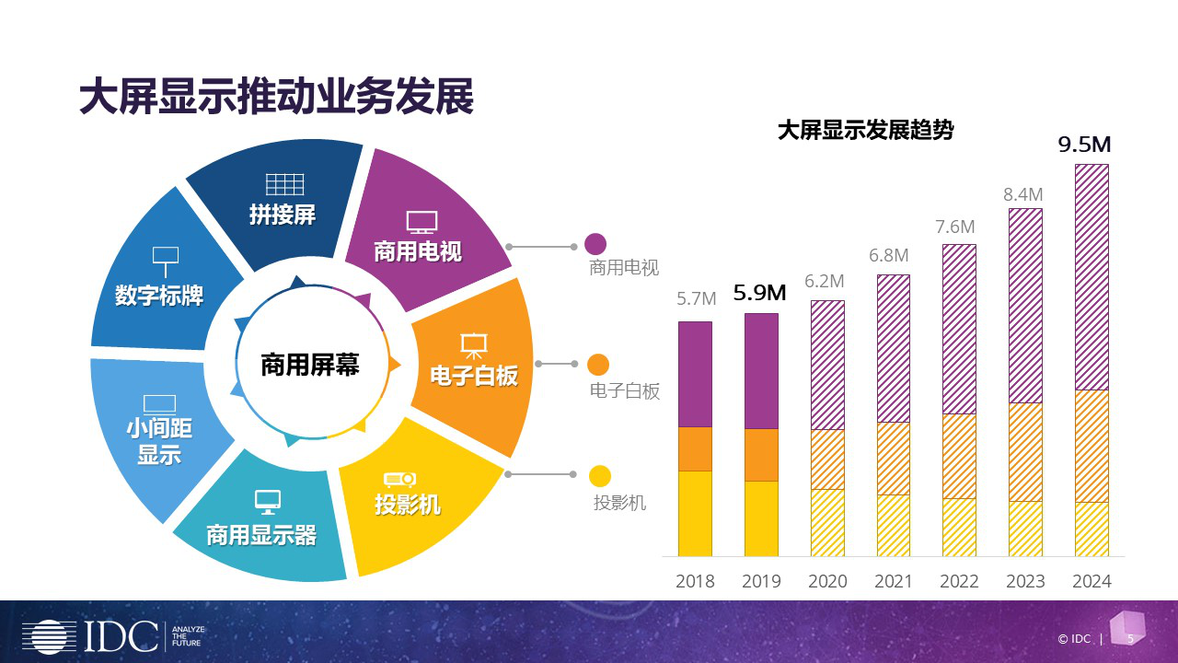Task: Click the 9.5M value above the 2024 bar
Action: point(1085,145)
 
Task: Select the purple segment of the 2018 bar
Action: point(695,374)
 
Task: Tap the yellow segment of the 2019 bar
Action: point(761,518)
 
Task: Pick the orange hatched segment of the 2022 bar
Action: point(959,456)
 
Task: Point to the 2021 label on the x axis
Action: point(893,581)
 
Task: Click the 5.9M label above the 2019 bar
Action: point(759,294)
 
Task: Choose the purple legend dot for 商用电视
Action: point(595,244)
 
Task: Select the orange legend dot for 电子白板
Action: point(598,364)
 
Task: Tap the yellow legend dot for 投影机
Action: point(600,475)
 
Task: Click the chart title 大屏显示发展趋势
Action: point(865,131)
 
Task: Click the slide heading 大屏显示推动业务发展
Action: point(276,97)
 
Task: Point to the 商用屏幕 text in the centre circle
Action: point(309,365)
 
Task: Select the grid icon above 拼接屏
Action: point(284,184)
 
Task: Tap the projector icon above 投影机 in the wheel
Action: point(400,480)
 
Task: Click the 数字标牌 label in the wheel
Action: point(159,296)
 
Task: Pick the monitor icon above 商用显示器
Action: point(268,502)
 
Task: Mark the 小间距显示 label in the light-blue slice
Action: point(159,441)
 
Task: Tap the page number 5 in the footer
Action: point(1130,638)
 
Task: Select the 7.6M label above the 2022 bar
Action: point(954,227)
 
